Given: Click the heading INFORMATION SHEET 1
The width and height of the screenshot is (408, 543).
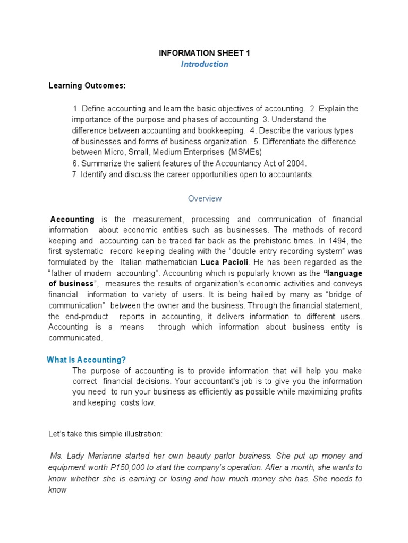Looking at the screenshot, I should (x=204, y=53).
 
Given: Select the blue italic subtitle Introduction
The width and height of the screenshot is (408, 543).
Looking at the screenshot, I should (x=204, y=64).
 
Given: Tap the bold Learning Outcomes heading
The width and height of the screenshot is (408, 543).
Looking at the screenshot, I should (x=87, y=85).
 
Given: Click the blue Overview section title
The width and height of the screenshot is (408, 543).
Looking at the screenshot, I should (x=205, y=198).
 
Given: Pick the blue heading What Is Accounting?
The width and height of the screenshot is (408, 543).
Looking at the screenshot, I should (x=86, y=360).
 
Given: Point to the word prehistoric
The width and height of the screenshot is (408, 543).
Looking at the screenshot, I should (x=277, y=241).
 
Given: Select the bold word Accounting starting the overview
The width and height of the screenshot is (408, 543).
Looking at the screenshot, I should (x=72, y=219).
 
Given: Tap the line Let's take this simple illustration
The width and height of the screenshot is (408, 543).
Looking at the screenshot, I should (x=105, y=434).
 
